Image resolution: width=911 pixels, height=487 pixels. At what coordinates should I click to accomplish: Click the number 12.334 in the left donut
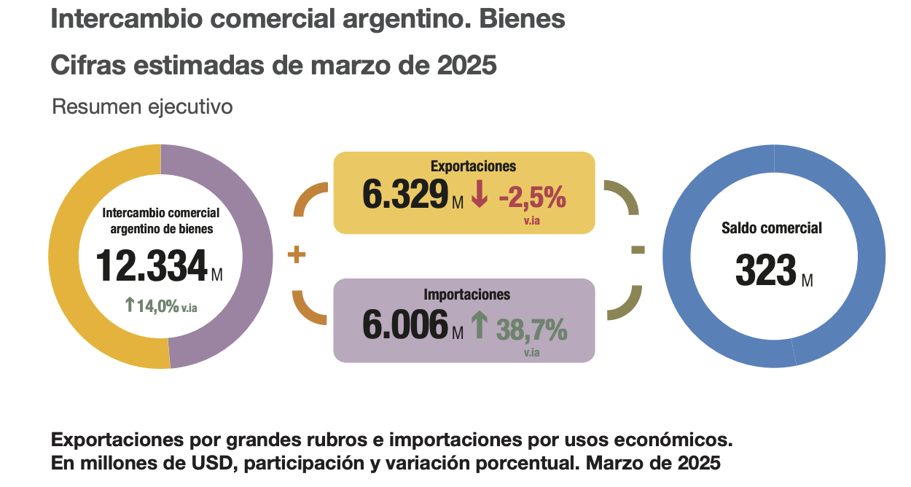tap(152, 266)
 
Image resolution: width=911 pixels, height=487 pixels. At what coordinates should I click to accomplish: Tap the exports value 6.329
tap(404, 194)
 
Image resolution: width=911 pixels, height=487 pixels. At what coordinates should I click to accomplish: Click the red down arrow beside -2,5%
tap(479, 194)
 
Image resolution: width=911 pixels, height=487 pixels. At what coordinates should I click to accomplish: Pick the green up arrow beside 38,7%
tap(479, 325)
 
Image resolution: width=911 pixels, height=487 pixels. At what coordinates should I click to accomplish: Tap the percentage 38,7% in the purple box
tap(531, 330)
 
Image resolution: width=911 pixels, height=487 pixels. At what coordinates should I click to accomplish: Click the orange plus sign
tap(296, 255)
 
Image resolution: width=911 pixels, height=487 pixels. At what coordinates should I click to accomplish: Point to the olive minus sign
tap(638, 250)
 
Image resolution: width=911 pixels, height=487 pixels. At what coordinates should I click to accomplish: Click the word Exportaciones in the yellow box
tap(464, 165)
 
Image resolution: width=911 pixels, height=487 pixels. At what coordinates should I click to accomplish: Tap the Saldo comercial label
tap(771, 228)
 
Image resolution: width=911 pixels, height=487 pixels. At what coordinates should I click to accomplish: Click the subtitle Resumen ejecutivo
tap(142, 107)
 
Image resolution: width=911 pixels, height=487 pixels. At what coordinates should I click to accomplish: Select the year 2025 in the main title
tap(467, 66)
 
